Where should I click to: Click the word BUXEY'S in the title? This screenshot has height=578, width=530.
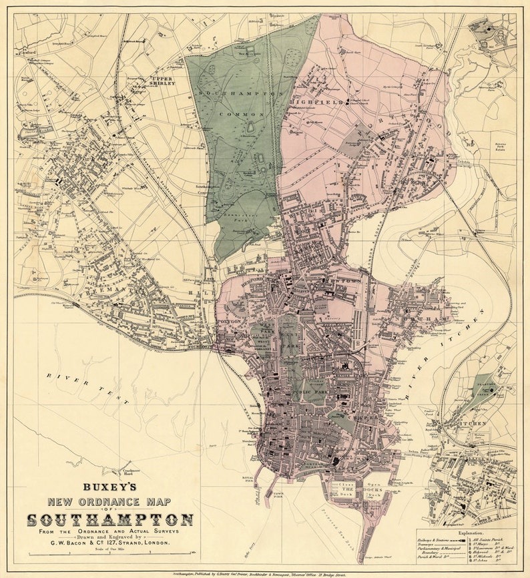(x=111, y=489)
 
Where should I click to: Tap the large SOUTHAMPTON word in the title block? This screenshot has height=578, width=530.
(x=111, y=519)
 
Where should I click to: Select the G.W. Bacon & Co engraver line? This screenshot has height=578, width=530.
(x=111, y=542)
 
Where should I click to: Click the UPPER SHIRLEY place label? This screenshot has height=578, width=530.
(x=162, y=81)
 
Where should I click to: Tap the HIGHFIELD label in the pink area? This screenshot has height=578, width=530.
(x=325, y=102)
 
